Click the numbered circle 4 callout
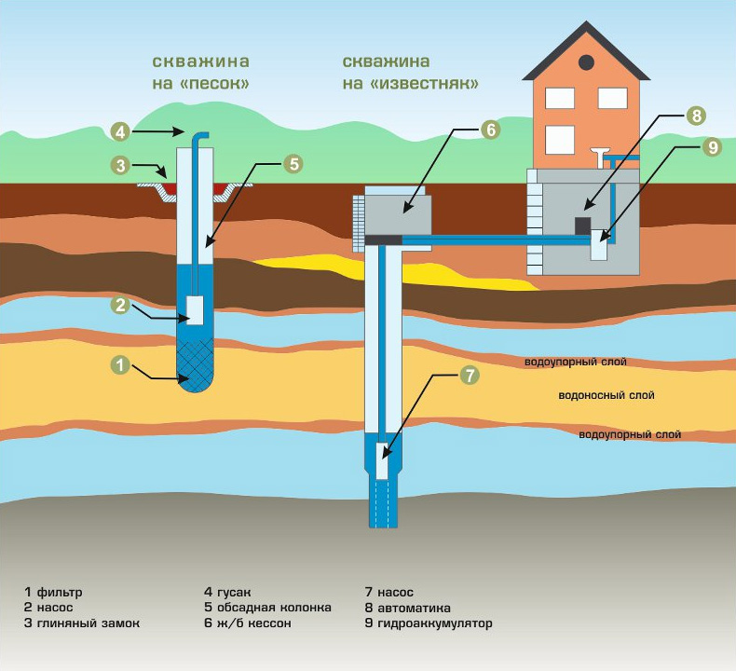(x=120, y=132)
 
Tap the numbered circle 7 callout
(x=470, y=376)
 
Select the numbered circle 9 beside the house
(x=713, y=147)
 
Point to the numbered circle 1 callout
(x=120, y=364)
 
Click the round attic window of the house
(x=586, y=62)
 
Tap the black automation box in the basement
(x=583, y=226)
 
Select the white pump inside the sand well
(x=196, y=310)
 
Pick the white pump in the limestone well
(x=383, y=461)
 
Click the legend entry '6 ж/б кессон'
(x=248, y=623)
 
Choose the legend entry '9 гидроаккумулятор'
(x=429, y=623)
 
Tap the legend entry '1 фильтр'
(x=53, y=592)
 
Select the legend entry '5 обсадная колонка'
(x=267, y=607)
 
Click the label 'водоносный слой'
(x=607, y=395)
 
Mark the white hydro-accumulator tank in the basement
(x=599, y=245)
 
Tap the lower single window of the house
(x=560, y=140)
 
